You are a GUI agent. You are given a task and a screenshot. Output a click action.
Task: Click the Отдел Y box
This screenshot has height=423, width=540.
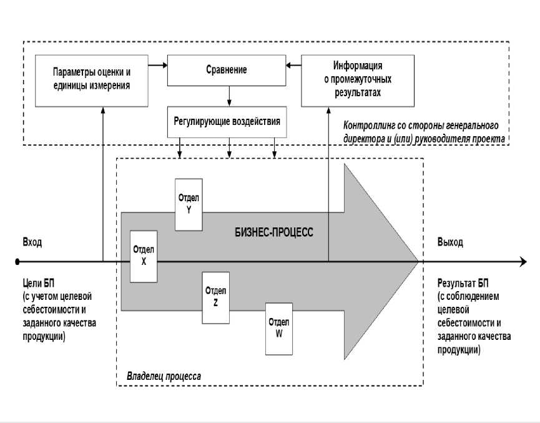coord(189,204)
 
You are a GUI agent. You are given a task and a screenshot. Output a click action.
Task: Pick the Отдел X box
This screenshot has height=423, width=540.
coord(144,256)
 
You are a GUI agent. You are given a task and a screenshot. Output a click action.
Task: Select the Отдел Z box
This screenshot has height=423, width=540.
coord(215,297)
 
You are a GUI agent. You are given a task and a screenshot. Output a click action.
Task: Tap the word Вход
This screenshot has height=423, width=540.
coord(32,242)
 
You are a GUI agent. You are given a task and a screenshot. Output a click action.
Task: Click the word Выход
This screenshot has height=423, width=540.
coord(450,242)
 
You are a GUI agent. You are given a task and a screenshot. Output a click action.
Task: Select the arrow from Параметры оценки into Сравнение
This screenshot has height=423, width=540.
coord(158,64)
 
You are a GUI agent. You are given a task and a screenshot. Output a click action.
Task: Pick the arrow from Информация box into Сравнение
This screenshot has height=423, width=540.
coord(293,64)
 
